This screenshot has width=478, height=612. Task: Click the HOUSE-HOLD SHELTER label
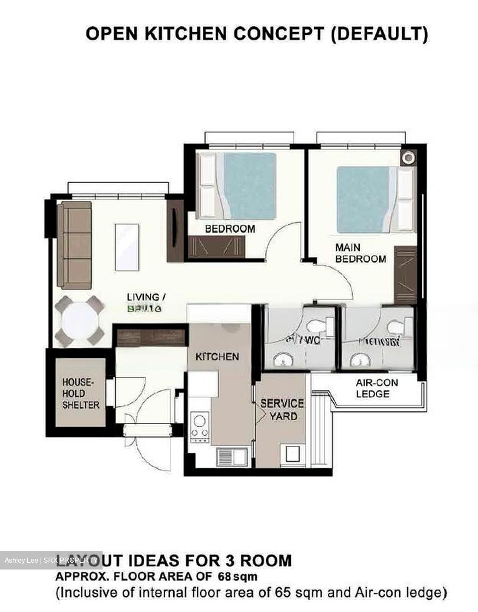[80, 394]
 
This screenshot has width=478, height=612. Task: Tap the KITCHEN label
[217, 357]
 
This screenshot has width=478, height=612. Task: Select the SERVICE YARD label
[282, 409]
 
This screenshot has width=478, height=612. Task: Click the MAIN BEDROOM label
[361, 253]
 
